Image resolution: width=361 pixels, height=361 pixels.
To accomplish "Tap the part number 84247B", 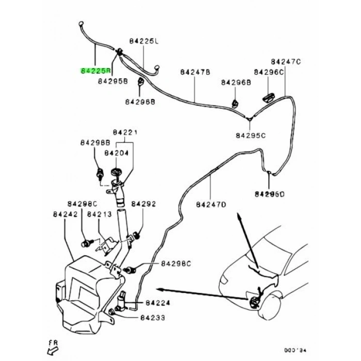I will pyautogui.click(x=195, y=72).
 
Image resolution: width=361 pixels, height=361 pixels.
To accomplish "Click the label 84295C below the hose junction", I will pyautogui.click(x=250, y=136).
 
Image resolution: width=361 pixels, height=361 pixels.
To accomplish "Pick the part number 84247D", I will pyautogui.click(x=211, y=205).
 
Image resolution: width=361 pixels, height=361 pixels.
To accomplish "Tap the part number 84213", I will pyautogui.click(x=100, y=214).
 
